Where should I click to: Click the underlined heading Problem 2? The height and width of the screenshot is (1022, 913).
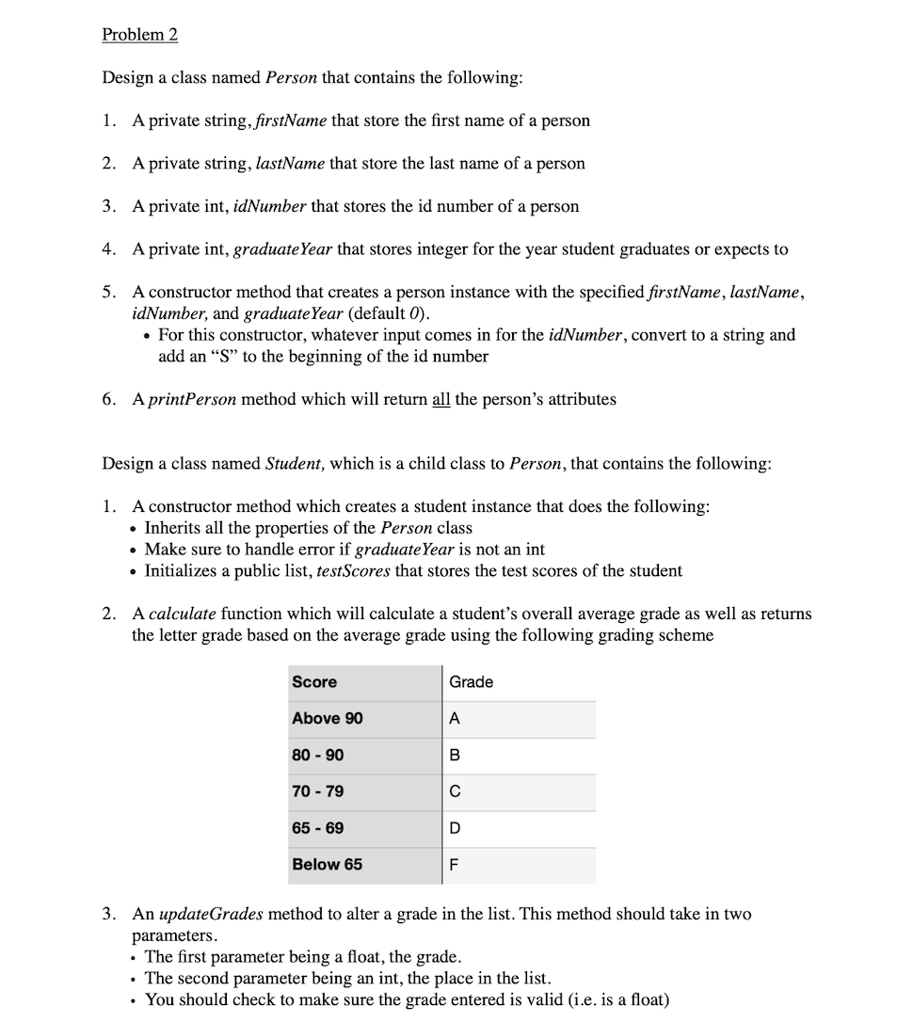click(139, 35)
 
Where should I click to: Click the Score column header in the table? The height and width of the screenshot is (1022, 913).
click(314, 681)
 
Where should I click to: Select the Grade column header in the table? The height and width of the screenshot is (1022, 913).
click(471, 681)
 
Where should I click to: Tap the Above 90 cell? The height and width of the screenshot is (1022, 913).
click(328, 718)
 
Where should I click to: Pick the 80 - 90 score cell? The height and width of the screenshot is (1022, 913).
click(318, 755)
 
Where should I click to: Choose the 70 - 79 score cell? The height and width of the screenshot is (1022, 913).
click(318, 791)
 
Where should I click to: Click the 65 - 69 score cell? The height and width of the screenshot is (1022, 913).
click(318, 828)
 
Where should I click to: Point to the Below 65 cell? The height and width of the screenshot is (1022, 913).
click(328, 864)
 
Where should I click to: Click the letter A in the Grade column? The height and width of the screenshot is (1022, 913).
click(455, 718)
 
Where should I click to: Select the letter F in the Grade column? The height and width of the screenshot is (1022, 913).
click(454, 865)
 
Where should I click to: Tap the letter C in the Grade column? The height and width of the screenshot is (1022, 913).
click(455, 791)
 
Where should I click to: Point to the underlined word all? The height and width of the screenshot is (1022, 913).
click(440, 399)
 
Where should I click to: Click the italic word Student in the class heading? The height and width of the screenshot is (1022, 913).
click(294, 464)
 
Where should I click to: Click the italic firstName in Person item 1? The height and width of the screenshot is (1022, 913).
click(288, 120)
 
